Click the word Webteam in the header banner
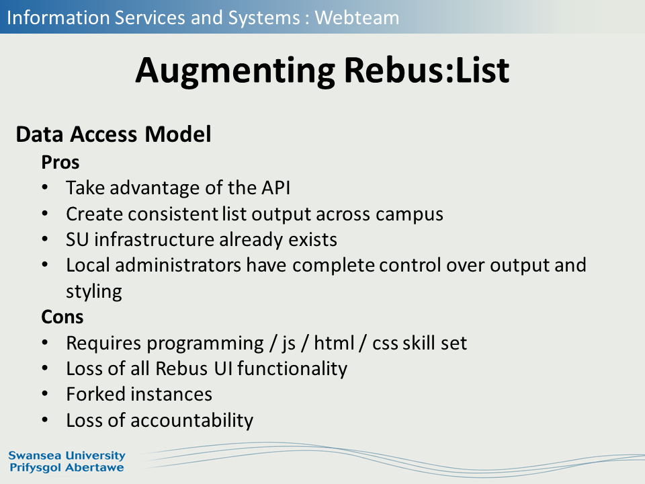pyautogui.click(x=357, y=17)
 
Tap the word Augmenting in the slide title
pyautogui.click(x=235, y=71)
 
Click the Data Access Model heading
pyautogui.click(x=114, y=134)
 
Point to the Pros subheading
pyautogui.click(x=60, y=162)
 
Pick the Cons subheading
pyautogui.click(x=62, y=317)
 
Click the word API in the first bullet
pyautogui.click(x=275, y=188)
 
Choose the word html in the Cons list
pyautogui.click(x=334, y=343)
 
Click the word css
pyautogui.click(x=385, y=344)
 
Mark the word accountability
pyautogui.click(x=191, y=421)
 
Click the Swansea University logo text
pyautogui.click(x=67, y=456)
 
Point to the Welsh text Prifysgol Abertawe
pyautogui.click(x=67, y=468)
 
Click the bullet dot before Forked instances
pyautogui.click(x=45, y=395)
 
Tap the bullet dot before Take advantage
pyautogui.click(x=45, y=188)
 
